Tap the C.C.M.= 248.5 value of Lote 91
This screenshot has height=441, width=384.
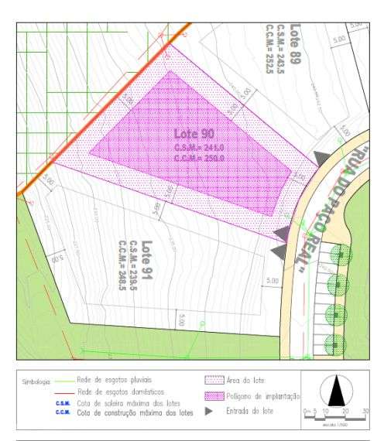(x=122, y=260)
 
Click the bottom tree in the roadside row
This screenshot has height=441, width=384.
(x=335, y=342)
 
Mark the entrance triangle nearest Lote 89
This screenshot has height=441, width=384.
(x=321, y=159)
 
